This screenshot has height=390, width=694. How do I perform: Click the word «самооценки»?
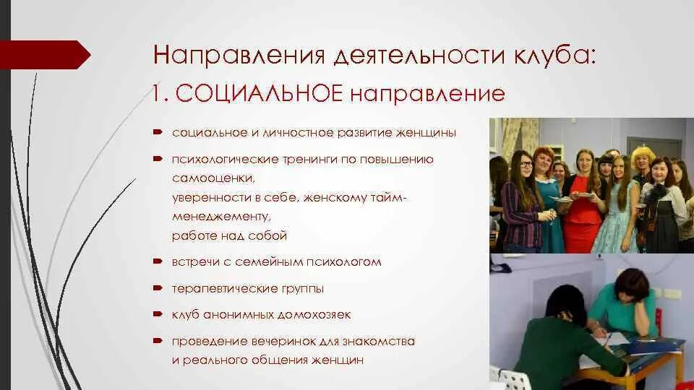214,177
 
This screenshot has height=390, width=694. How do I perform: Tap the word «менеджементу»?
221,216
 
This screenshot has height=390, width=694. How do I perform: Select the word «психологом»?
348,261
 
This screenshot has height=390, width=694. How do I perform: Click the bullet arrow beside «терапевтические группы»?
157,288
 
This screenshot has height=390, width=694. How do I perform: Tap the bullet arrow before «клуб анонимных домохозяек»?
157,315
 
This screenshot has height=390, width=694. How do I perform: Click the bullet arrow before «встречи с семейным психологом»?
157,261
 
